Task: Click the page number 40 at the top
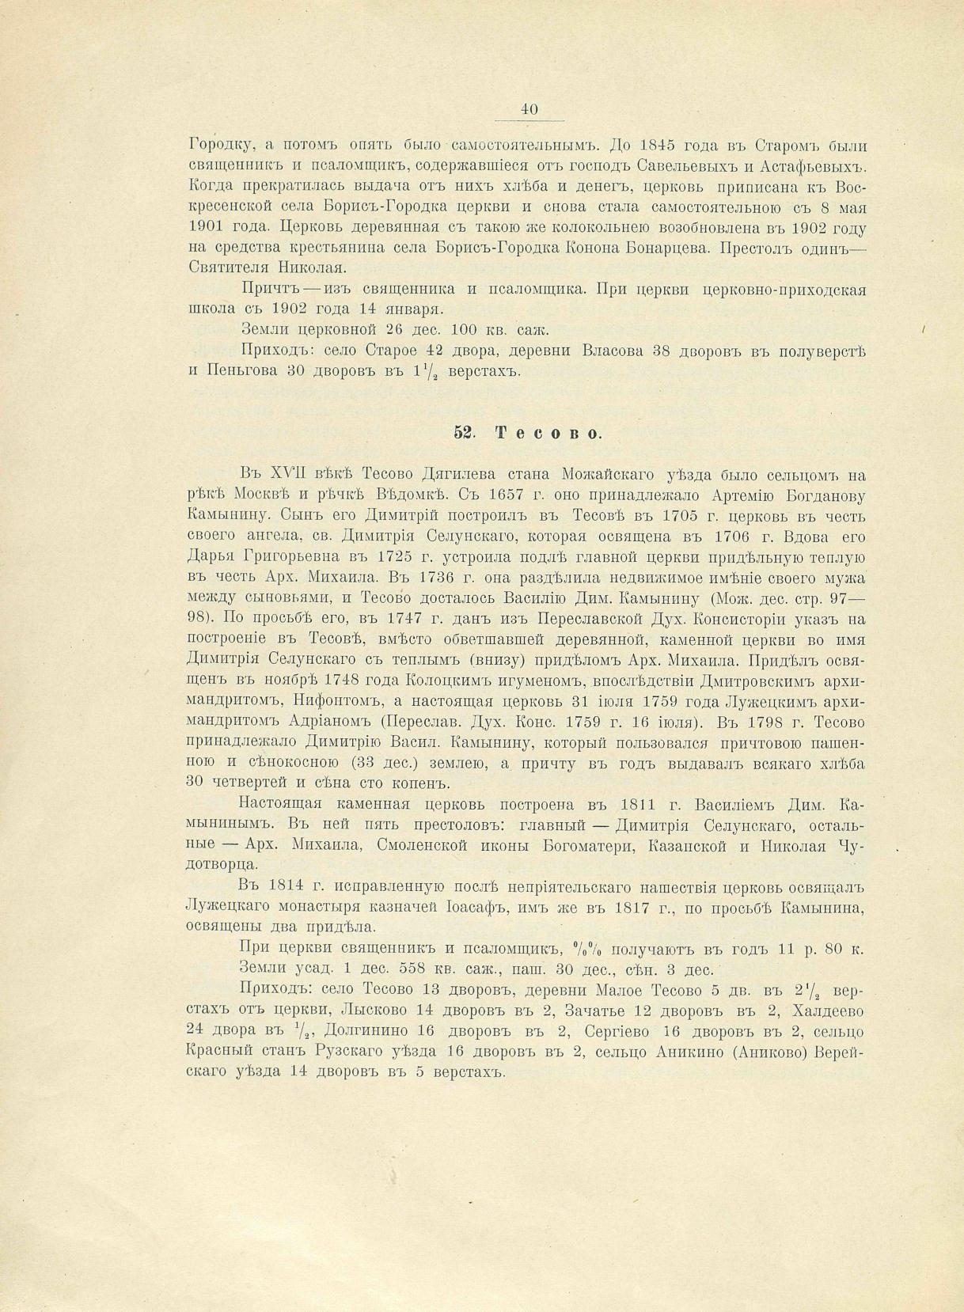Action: point(529,110)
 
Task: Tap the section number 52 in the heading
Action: point(463,432)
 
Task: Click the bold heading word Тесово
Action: point(549,432)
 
